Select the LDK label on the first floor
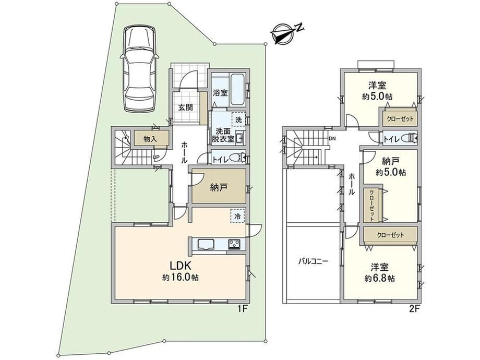181,266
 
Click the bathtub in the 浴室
237,89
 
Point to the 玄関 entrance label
186,107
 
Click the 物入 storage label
150,139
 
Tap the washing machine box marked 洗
238,119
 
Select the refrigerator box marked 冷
237,216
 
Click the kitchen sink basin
207,245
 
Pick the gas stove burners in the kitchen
234,245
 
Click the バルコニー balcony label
313,261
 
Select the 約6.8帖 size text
380,279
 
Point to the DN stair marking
332,139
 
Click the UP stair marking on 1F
156,158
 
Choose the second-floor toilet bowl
409,138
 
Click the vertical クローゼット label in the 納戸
371,206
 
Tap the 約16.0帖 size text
181,278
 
